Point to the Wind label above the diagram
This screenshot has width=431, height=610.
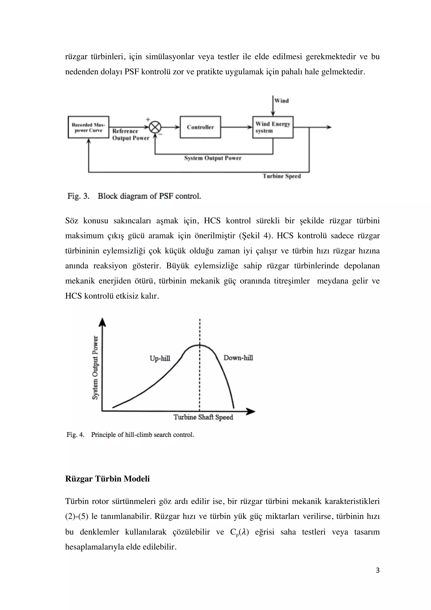[282, 101]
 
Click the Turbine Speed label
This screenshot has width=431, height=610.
[282, 176]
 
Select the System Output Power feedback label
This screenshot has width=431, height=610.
[213, 158]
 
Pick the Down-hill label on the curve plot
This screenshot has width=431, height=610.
[238, 358]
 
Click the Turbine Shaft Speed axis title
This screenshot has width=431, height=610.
[203, 417]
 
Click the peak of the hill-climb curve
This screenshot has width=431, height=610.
[200, 345]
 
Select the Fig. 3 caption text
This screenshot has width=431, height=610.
[134, 196]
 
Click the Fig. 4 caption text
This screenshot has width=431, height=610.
[130, 435]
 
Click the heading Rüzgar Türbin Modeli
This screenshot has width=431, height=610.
[107, 479]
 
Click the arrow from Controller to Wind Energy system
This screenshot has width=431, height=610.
[236, 127]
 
